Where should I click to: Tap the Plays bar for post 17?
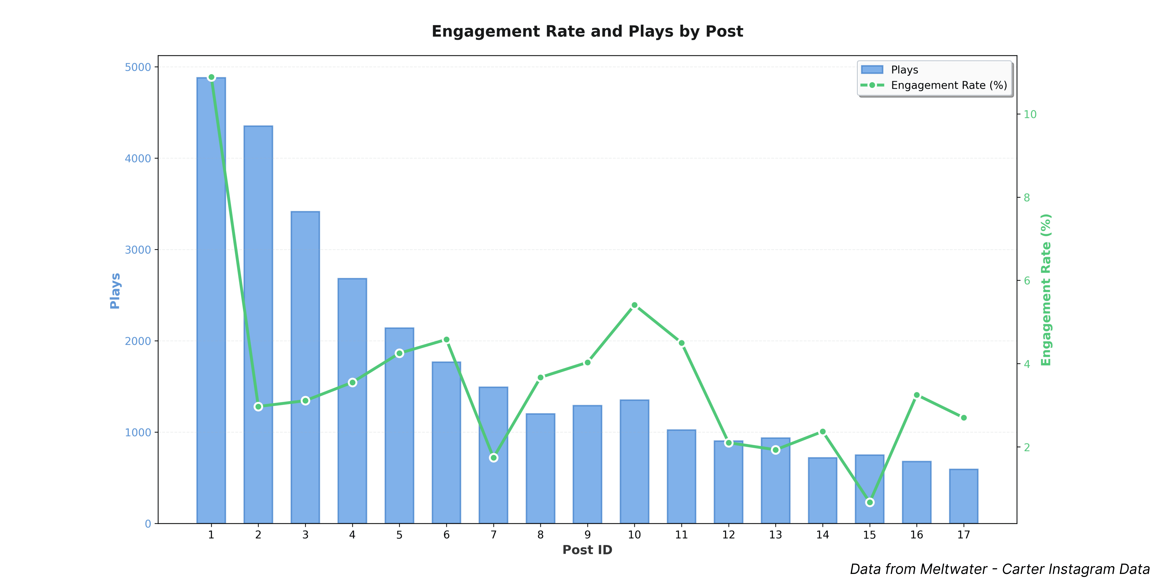[964, 496]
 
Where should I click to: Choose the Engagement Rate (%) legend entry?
[949, 85]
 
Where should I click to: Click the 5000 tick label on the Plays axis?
[138, 67]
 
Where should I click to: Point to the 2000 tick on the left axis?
[138, 341]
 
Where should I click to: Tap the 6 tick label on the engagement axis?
[1027, 281]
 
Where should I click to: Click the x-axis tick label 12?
[728, 535]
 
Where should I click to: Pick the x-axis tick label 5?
[399, 535]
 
